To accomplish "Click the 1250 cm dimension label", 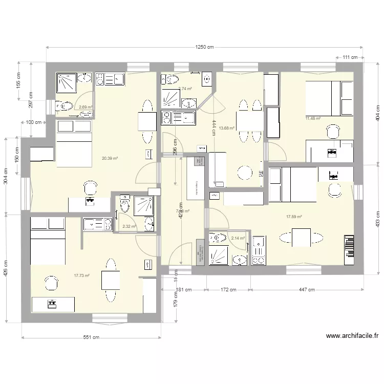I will point(203,47).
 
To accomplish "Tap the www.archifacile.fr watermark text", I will point(352,336).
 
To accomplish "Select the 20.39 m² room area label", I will point(110,159).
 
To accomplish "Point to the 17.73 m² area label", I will point(82,276).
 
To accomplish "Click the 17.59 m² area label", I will point(294,217).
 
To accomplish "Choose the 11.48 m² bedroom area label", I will point(313,118).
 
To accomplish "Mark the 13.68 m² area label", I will point(226,129).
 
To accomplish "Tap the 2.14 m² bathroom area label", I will point(238,238).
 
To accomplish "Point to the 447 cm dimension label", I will point(307,290).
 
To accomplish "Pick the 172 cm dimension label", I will point(228,290).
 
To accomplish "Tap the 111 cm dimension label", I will point(350,57).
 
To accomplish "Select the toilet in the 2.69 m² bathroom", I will point(65,106).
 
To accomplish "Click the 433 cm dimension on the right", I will point(377,219).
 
